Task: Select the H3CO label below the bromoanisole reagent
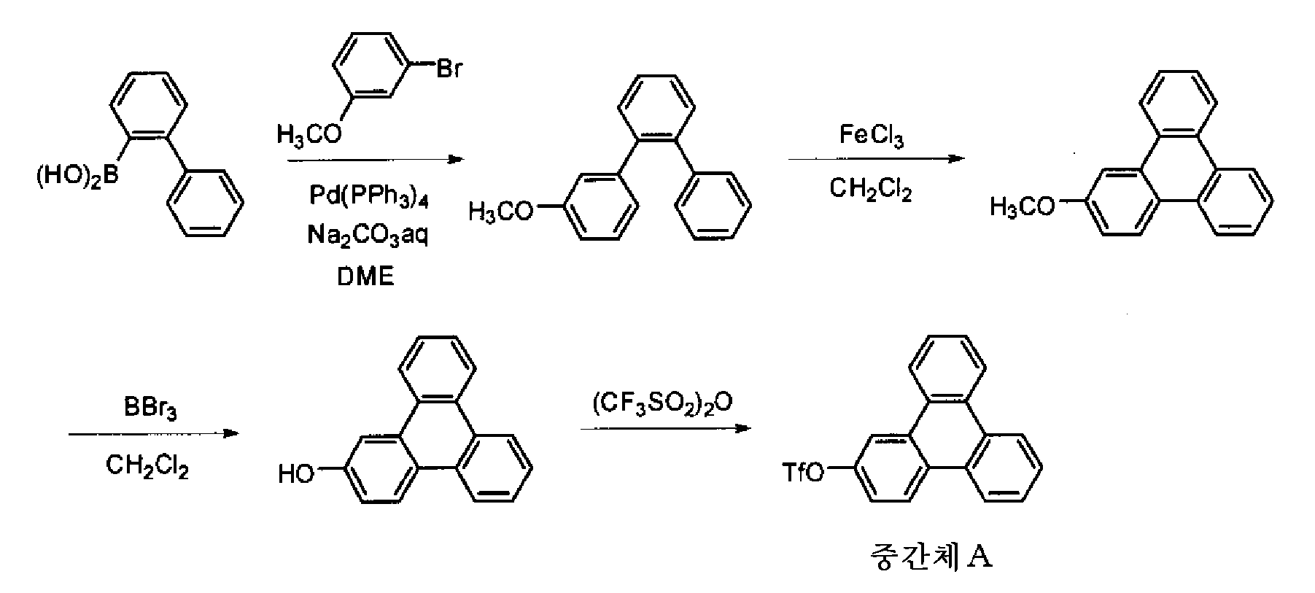tap(309, 134)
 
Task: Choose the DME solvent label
tap(365, 276)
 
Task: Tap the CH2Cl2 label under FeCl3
tap(870, 191)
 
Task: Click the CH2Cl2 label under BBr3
tap(147, 465)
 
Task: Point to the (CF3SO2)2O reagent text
tap(662, 404)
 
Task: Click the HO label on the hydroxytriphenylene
tap(296, 475)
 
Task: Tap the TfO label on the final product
tap(803, 473)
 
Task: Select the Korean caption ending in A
tap(931, 557)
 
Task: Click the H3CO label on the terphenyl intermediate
tap(500, 212)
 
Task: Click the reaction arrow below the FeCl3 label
tap(876, 158)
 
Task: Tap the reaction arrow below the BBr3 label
tap(154, 433)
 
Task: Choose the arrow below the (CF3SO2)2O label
tap(665, 428)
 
